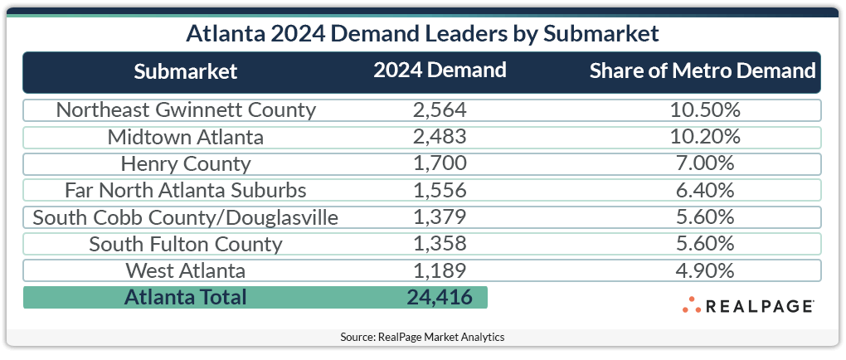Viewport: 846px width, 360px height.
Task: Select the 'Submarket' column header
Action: coord(186,71)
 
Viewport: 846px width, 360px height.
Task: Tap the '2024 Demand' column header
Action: coord(440,71)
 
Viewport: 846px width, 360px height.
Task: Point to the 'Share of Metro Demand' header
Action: coord(703,71)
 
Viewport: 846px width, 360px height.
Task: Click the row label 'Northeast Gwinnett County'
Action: coord(186,110)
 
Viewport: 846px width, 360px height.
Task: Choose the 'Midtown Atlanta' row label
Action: coord(186,137)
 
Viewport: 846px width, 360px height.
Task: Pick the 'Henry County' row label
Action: coord(186,163)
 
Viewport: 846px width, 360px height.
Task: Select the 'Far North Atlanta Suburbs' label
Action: coord(186,190)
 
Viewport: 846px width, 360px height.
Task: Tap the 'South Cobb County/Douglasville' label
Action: coord(186,217)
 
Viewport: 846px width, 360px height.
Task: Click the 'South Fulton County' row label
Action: coord(186,244)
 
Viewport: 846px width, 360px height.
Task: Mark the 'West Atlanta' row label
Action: coord(186,270)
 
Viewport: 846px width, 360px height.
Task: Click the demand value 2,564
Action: coord(440,110)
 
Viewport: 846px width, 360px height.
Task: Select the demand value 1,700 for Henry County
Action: coord(440,163)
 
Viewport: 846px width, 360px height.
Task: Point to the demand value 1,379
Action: coord(440,217)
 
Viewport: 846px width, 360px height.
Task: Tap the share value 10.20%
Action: coord(703,137)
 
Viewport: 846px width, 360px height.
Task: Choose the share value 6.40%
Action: coord(703,190)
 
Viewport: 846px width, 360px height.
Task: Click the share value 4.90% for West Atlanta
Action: coord(703,270)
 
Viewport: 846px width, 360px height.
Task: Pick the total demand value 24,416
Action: coord(440,297)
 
